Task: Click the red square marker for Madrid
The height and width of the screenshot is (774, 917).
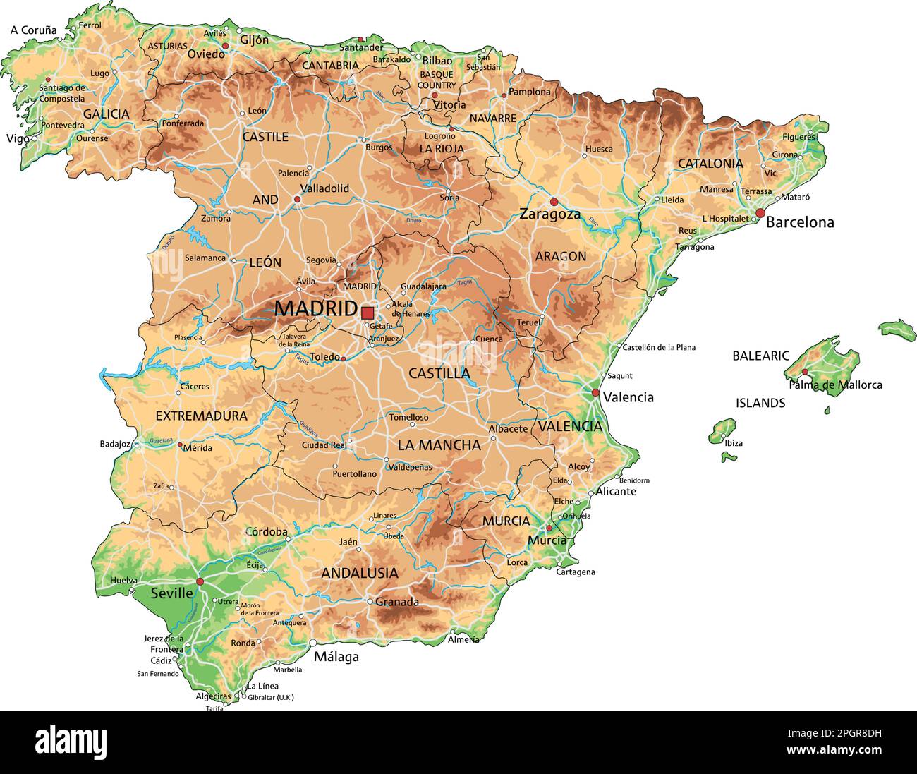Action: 367,313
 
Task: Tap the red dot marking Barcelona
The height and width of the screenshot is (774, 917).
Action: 760,212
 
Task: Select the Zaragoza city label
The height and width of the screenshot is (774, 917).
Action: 549,214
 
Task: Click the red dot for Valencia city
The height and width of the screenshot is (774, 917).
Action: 595,393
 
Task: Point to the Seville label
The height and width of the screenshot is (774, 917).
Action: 171,593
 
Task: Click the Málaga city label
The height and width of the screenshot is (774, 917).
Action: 336,657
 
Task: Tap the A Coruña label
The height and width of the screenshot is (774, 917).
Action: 33,30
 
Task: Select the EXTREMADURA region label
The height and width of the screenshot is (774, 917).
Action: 201,416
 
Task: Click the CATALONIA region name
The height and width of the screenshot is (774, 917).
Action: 710,164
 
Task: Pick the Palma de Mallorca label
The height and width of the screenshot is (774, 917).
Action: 835,385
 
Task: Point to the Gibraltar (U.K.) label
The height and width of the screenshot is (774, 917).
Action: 271,697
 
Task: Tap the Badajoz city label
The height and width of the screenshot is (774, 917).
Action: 115,444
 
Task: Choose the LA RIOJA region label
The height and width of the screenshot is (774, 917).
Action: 442,149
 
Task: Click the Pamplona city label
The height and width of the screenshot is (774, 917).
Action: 530,92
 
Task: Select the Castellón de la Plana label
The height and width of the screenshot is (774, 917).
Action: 659,347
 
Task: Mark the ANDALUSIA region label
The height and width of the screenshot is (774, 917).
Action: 359,573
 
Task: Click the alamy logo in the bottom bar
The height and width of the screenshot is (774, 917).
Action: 71,742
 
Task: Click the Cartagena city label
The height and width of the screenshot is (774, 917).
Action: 576,572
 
